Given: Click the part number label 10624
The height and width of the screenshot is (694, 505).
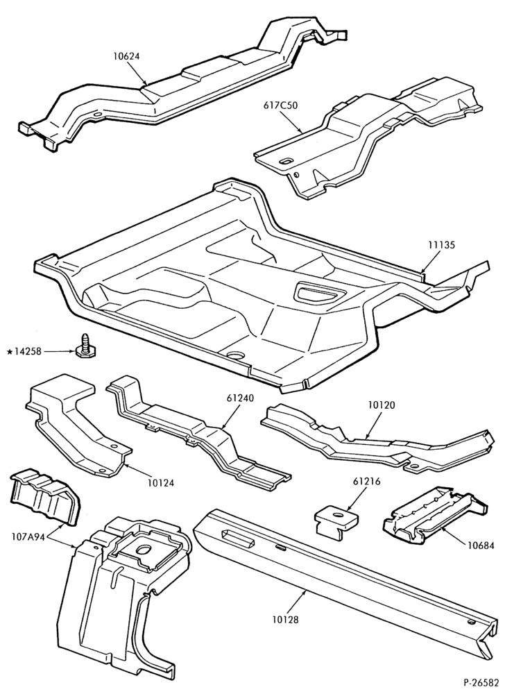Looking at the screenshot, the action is [x=126, y=56].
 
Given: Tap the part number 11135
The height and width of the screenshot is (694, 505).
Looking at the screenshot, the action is [x=441, y=244].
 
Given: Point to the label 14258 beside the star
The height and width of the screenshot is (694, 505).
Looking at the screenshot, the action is [x=28, y=352].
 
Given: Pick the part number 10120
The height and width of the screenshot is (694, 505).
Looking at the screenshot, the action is [x=382, y=405].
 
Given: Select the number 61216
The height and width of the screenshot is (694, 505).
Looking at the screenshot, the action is [x=366, y=481].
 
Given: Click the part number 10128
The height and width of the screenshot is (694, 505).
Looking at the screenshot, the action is [x=285, y=620].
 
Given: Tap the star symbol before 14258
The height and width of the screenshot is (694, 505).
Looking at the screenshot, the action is [x=9, y=352].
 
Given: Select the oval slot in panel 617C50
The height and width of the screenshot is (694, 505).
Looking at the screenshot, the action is [x=286, y=161].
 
